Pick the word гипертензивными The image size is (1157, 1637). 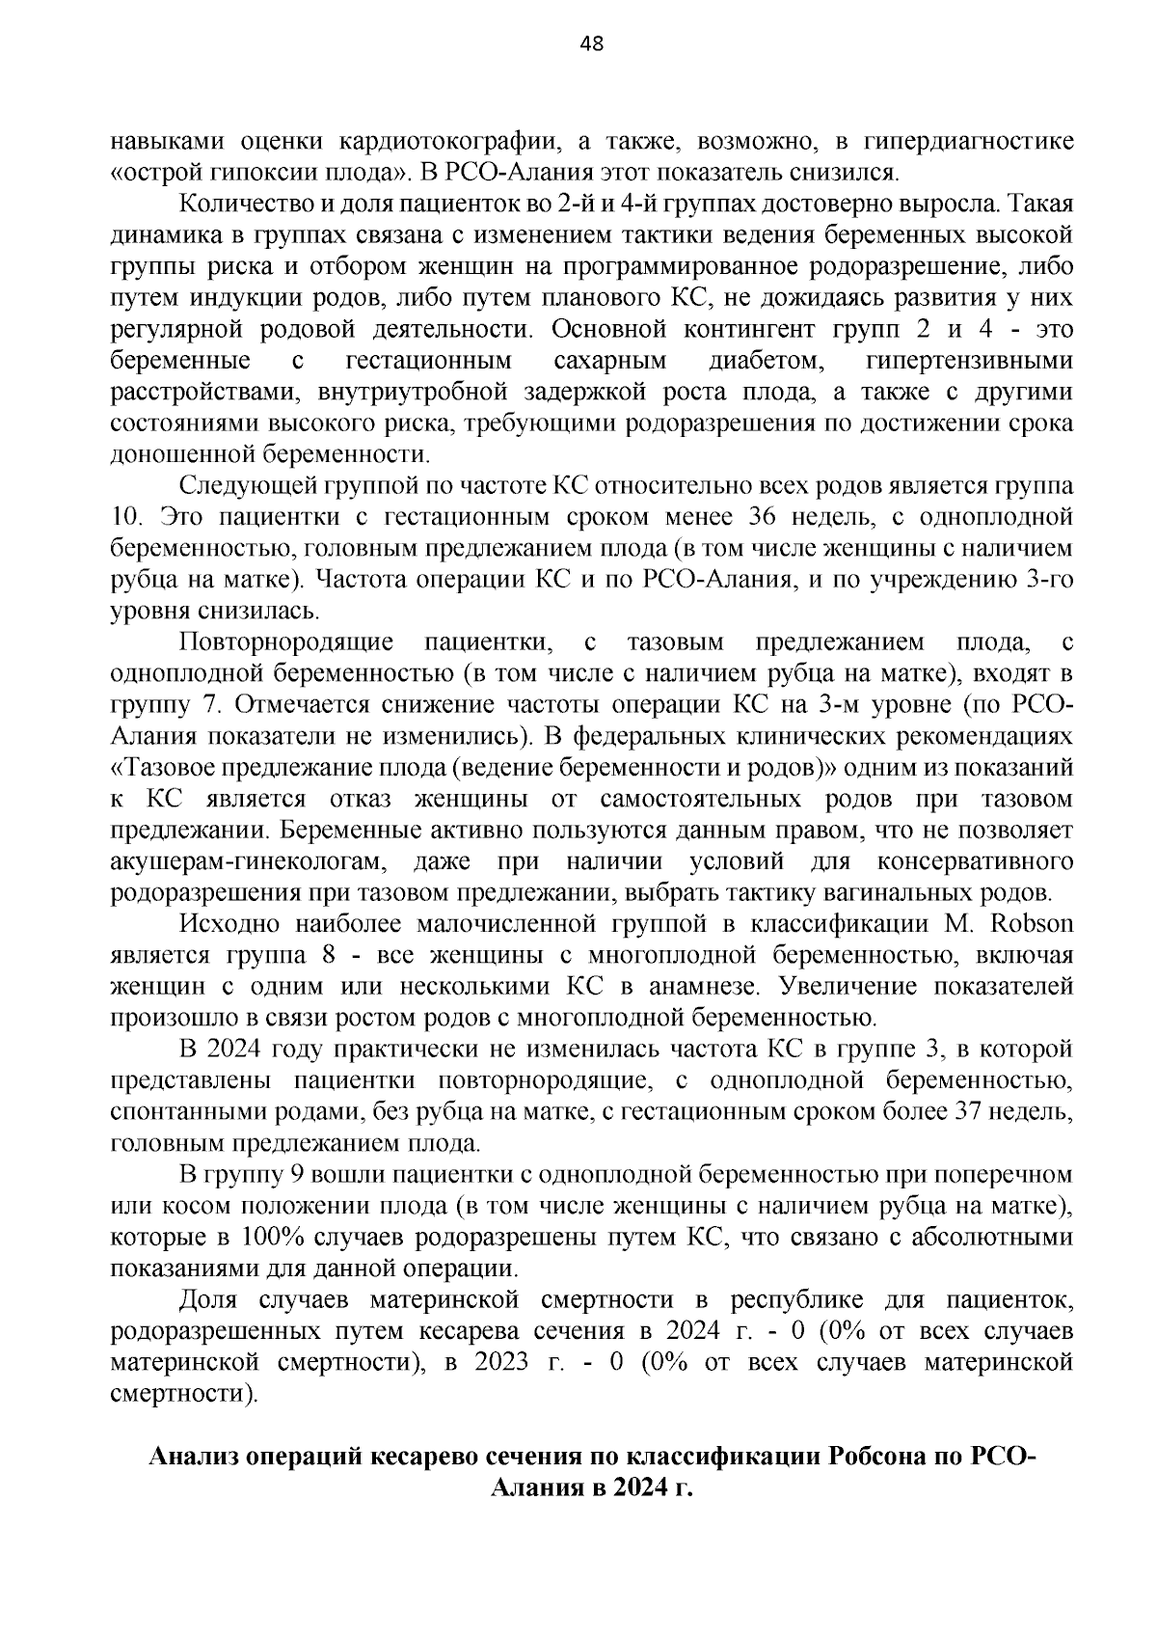point(969,361)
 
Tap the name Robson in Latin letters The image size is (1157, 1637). point(1033,924)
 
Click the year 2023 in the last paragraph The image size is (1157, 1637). point(501,1362)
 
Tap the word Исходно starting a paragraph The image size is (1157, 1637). point(229,924)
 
